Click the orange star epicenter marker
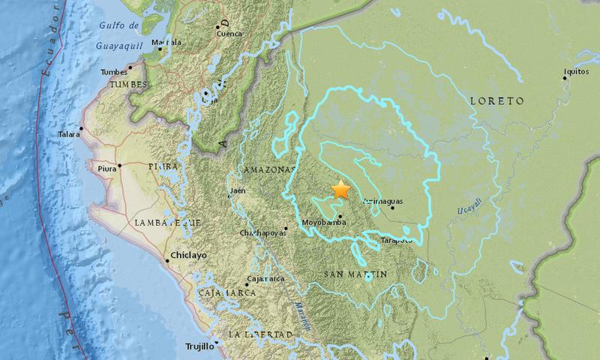[341, 189]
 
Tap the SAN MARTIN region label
[355, 275]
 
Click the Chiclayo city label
[189, 255]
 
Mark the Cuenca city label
[229, 33]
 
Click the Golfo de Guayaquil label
[122, 35]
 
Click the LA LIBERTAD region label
[254, 334]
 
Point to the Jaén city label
[238, 190]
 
